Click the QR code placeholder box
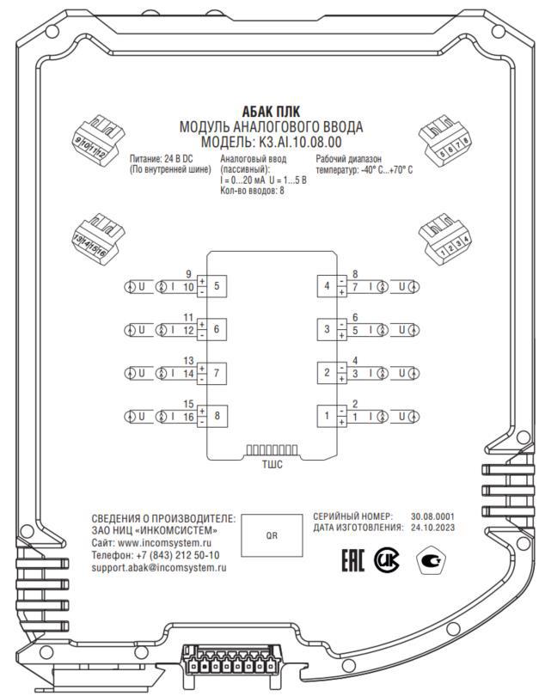pyautogui.click(x=271, y=532)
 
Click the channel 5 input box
pyautogui.click(x=217, y=286)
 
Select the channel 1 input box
pyautogui.click(x=327, y=417)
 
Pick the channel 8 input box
pyautogui.click(x=217, y=417)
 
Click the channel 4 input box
pyautogui.click(x=327, y=286)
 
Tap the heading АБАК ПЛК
pyautogui.click(x=272, y=113)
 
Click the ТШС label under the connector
pyautogui.click(x=272, y=464)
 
